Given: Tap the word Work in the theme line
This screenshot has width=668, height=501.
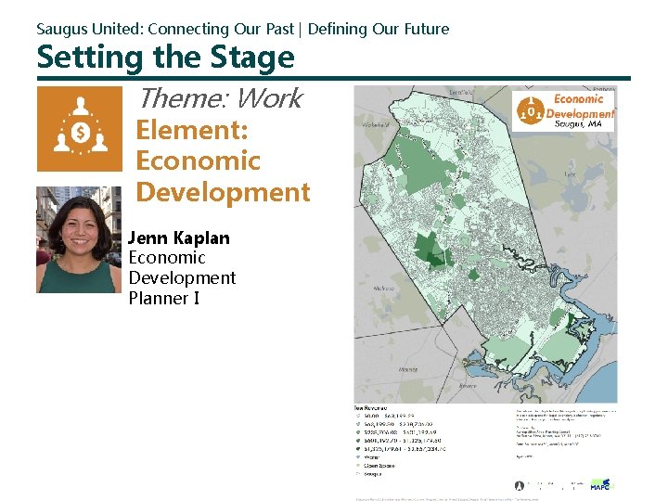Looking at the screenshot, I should pos(270,98).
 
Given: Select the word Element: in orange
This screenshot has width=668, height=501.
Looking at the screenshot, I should pos(192,131).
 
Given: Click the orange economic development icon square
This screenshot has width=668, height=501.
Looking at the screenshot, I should pos(79,129).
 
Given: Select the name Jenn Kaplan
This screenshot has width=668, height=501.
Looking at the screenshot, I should pos(178,238).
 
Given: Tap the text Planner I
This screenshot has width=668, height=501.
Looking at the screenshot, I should pos(164,298).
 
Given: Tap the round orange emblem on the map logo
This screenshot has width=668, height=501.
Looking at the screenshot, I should pos(531,110).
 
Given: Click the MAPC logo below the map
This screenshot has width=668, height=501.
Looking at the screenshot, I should pos(601,483).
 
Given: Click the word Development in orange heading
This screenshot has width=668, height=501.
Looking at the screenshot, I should pos(223,193).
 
